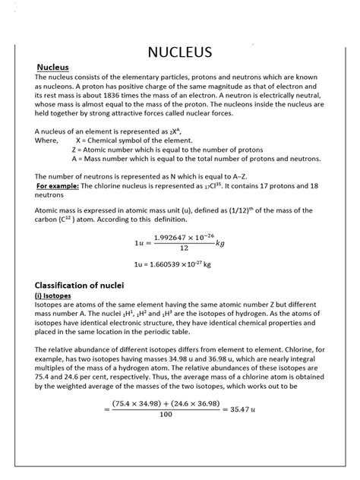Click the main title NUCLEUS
coord(179,52)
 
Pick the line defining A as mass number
coord(196,159)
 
